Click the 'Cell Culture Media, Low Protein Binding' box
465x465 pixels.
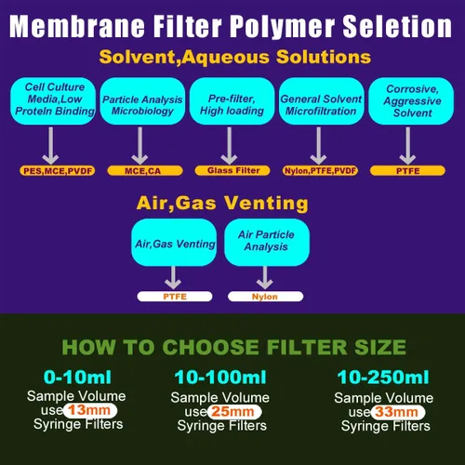click(x=53, y=101)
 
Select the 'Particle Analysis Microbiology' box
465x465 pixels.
click(x=142, y=101)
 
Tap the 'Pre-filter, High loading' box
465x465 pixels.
click(x=232, y=101)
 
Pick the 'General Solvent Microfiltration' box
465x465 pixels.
click(x=322, y=101)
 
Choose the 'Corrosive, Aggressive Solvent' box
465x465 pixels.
click(x=411, y=101)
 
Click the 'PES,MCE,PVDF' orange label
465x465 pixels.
click(x=58, y=171)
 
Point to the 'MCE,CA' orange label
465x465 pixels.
click(x=145, y=171)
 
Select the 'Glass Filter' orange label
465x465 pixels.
click(x=232, y=170)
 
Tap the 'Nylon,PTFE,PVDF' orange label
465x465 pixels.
click(x=320, y=171)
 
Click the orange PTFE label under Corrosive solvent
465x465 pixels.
click(x=407, y=171)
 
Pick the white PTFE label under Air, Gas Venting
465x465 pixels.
click(x=175, y=297)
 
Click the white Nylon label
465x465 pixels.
click(x=266, y=297)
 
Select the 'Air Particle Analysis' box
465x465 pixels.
click(x=267, y=242)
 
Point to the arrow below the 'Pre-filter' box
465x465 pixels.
click(x=230, y=145)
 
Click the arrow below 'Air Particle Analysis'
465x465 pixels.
click(x=265, y=278)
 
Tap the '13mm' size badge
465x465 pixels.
click(x=90, y=410)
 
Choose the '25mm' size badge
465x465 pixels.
click(x=234, y=412)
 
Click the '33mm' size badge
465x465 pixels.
click(x=398, y=412)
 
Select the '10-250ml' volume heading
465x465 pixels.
click(x=383, y=378)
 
